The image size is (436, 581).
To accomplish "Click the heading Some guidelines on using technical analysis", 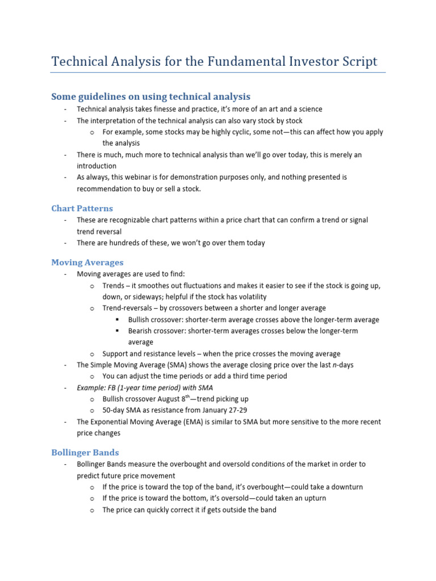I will [x=150, y=96].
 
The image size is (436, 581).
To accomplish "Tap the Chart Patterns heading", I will [x=82, y=208].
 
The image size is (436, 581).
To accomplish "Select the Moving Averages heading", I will [x=87, y=262].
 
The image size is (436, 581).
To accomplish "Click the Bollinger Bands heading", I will [x=85, y=452].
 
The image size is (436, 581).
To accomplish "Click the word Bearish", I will [x=141, y=331].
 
